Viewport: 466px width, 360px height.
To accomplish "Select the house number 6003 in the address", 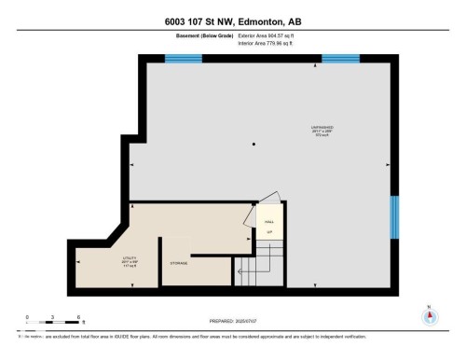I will pos(172,21).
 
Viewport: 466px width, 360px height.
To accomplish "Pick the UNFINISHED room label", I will pos(322,127).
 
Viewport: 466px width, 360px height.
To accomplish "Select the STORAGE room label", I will pos(180,264).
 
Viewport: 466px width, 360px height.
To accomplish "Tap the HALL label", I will pos(269,221).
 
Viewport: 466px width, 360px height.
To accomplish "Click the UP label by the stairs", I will pos(269,231).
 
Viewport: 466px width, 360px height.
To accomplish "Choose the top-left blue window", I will pos(184,59).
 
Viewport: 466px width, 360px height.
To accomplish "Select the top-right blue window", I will pos(340,59).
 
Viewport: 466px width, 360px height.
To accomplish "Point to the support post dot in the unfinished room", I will pos(254,144).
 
